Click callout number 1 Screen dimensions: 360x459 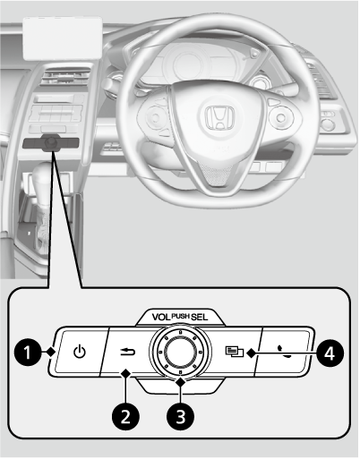28,353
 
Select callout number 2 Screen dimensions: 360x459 125,416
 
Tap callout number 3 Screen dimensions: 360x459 180,416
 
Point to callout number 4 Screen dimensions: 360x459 330,354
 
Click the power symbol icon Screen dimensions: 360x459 80,352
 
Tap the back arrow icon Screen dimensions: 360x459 128,352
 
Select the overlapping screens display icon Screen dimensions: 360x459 235,351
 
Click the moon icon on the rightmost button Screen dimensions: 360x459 285,352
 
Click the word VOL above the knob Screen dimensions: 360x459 161,317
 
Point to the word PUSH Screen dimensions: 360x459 181,316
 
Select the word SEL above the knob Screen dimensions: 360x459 199,317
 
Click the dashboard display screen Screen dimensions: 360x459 63,38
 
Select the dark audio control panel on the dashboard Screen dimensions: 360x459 50,142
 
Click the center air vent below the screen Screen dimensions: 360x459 65,77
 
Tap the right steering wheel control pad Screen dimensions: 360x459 279,116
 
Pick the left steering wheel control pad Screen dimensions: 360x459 155,117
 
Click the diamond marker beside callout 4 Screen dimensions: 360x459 252,353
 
